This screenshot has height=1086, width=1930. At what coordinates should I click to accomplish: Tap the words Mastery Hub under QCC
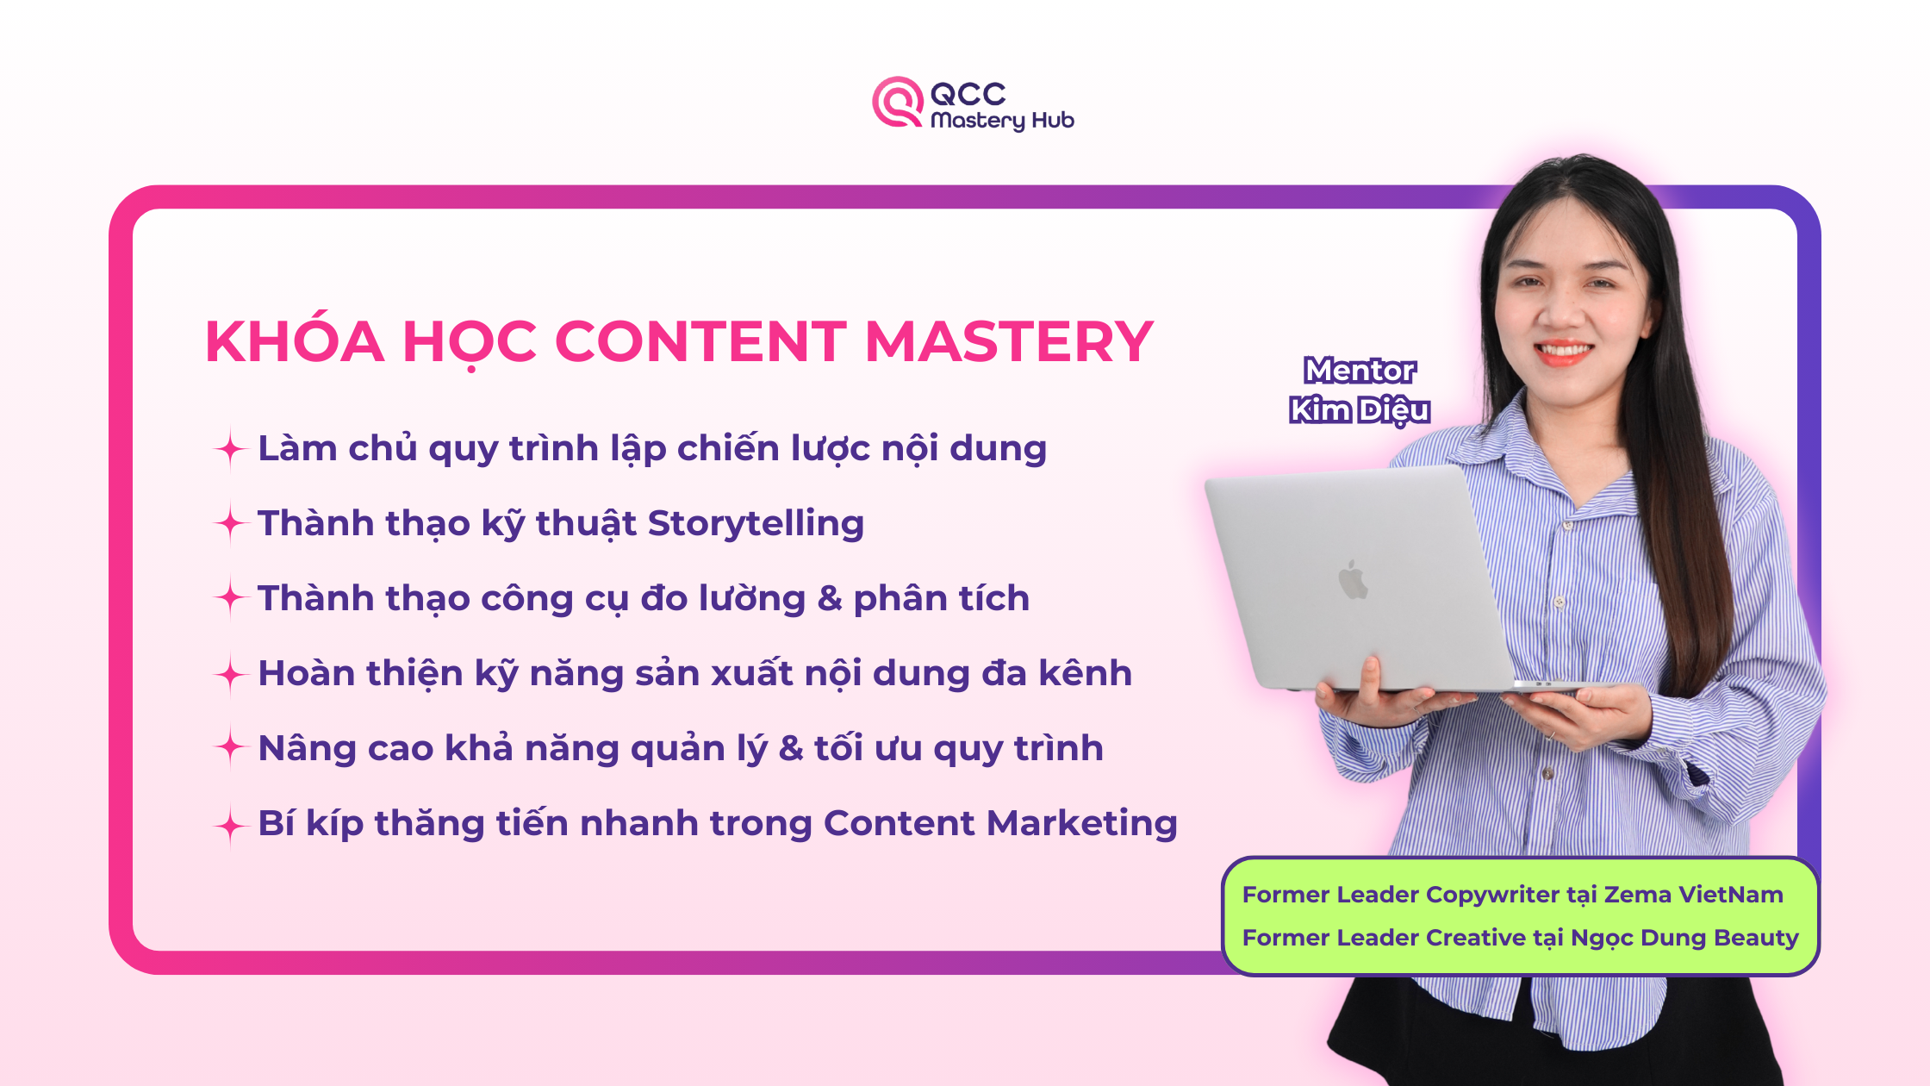coord(1002,121)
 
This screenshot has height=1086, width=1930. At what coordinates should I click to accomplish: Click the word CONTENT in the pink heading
coord(702,341)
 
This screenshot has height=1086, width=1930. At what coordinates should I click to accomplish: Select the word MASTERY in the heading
coord(1009,341)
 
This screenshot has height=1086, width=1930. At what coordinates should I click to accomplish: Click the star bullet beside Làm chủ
coord(230,449)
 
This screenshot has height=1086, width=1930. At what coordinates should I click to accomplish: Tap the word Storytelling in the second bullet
coord(756,524)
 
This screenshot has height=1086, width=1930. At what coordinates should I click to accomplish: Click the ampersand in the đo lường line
coord(830,598)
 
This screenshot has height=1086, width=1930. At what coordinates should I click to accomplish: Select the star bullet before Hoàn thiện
coord(230,674)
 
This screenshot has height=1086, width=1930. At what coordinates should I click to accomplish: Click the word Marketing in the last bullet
coord(1082,824)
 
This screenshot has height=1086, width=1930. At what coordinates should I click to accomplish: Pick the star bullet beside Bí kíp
coord(230,825)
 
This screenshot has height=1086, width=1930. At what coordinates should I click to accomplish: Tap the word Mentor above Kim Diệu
coord(1360,371)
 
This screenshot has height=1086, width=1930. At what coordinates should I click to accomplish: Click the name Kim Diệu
coord(1360,410)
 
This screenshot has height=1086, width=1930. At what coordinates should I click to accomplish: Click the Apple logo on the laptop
coord(1353,579)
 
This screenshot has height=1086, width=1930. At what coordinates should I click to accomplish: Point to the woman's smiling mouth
coord(1564,352)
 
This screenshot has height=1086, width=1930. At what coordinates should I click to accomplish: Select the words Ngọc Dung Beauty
coord(1684,939)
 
